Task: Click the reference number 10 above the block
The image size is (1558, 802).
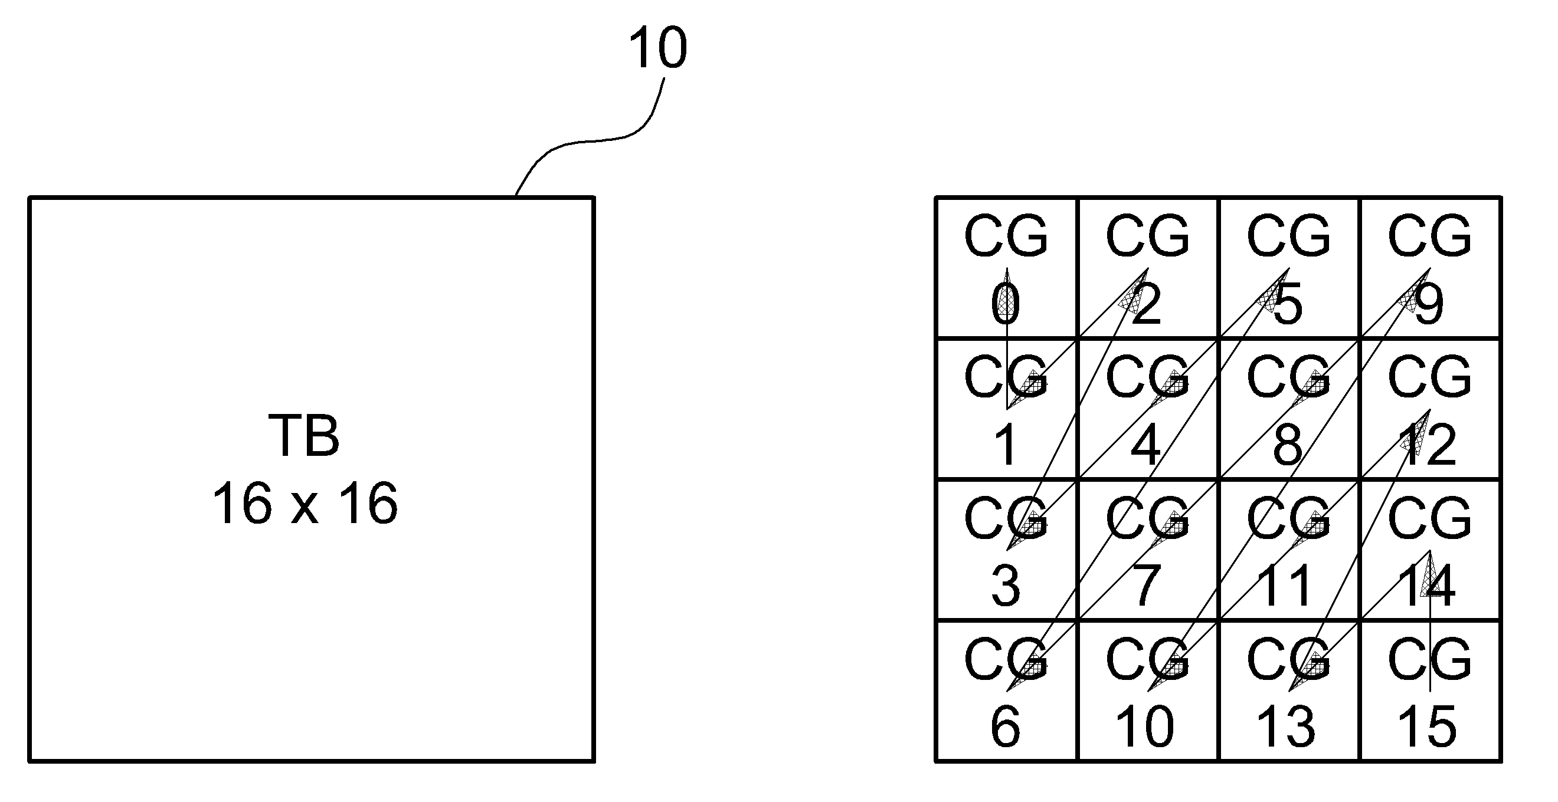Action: click(657, 48)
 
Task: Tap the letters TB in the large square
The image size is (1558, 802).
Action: click(304, 436)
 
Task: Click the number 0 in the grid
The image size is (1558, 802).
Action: click(1005, 304)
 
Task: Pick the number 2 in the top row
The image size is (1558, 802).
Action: click(1147, 304)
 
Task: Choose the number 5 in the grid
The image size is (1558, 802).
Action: click(1288, 304)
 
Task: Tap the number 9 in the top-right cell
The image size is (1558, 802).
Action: click(1429, 304)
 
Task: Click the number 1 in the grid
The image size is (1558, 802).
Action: click(1005, 445)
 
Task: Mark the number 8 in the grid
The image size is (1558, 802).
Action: click(1288, 445)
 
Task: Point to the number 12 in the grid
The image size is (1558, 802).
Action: click(1428, 445)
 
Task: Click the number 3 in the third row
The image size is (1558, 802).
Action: click(1005, 586)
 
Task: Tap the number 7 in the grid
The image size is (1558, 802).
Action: click(1147, 586)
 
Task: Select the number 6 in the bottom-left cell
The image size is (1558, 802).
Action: click(1005, 727)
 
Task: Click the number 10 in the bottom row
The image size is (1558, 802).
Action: click(1145, 727)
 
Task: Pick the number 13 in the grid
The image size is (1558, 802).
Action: click(1287, 727)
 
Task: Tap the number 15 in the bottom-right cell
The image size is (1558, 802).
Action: click(1428, 727)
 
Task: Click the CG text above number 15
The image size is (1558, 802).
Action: click(1430, 659)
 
